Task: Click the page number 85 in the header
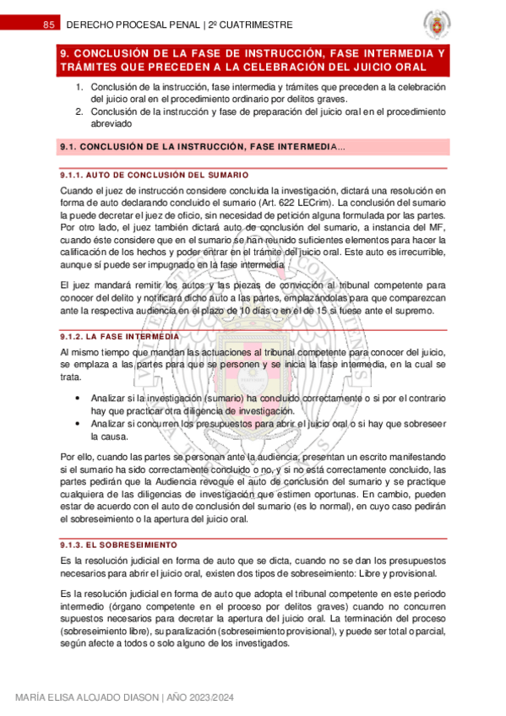point(49,25)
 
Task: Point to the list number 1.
point(79,88)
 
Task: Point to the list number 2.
point(79,111)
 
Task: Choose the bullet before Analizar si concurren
point(79,423)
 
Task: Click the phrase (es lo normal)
point(313,507)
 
